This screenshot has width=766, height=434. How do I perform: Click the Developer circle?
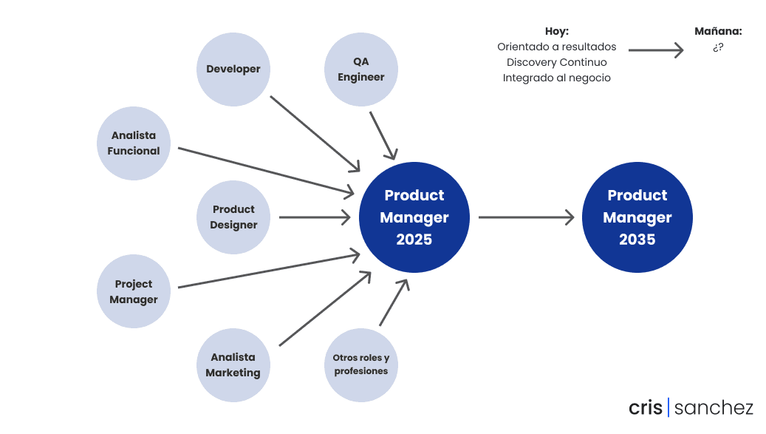coord(233,69)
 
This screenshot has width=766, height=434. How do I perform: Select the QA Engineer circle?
coord(361,69)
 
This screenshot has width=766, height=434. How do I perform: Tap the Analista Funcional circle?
coord(134,143)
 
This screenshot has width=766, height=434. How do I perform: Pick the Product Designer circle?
coord(233,217)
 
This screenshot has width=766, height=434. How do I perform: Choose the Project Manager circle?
coord(134,291)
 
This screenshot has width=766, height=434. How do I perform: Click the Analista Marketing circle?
coord(233,365)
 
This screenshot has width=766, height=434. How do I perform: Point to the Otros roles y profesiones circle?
coord(361,365)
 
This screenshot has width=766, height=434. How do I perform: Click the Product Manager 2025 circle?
coord(414,217)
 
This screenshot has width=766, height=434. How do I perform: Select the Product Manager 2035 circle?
coord(637,217)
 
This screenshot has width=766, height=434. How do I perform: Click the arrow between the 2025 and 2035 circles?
coord(526,217)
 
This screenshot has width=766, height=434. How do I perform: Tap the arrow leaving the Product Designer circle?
coord(315,217)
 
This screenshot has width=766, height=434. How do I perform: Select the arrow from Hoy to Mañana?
coord(656,50)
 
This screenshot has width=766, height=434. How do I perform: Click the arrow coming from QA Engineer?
coord(383,136)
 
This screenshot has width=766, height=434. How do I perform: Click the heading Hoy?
coord(557,31)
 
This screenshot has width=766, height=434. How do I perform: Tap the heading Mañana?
coord(718,31)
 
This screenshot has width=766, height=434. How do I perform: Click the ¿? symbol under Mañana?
coord(718,47)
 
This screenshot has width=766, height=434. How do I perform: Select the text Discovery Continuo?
coord(557,63)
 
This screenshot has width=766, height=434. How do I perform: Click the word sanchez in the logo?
coord(714,407)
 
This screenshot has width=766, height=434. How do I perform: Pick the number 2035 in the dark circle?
coord(637,240)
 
